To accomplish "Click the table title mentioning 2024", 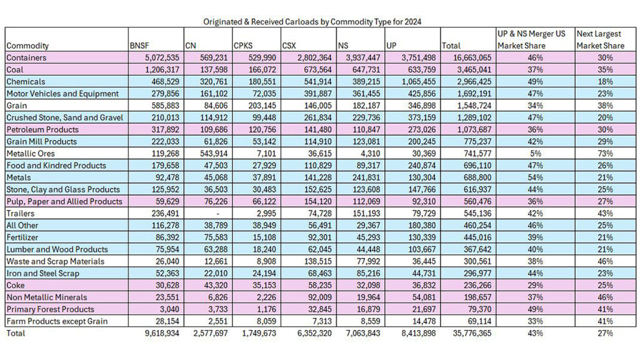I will [x=312, y=21].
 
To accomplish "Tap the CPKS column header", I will [x=243, y=46].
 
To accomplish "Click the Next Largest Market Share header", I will [x=600, y=39].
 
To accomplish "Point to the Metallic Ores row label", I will [x=31, y=154].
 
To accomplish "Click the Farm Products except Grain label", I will [x=57, y=321].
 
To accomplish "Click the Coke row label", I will [x=16, y=286].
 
